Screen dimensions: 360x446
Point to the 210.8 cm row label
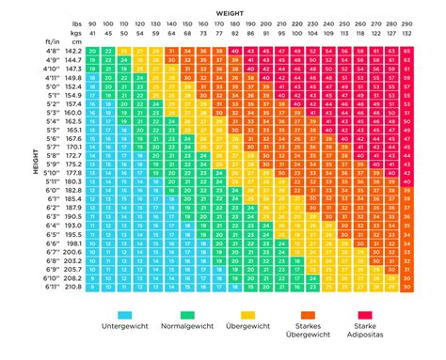click(74, 286)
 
